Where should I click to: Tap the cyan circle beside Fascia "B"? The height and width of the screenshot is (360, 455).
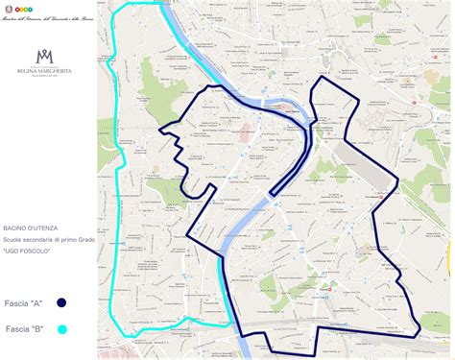(60, 328)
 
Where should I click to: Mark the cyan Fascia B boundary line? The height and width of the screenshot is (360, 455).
(113, 192)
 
